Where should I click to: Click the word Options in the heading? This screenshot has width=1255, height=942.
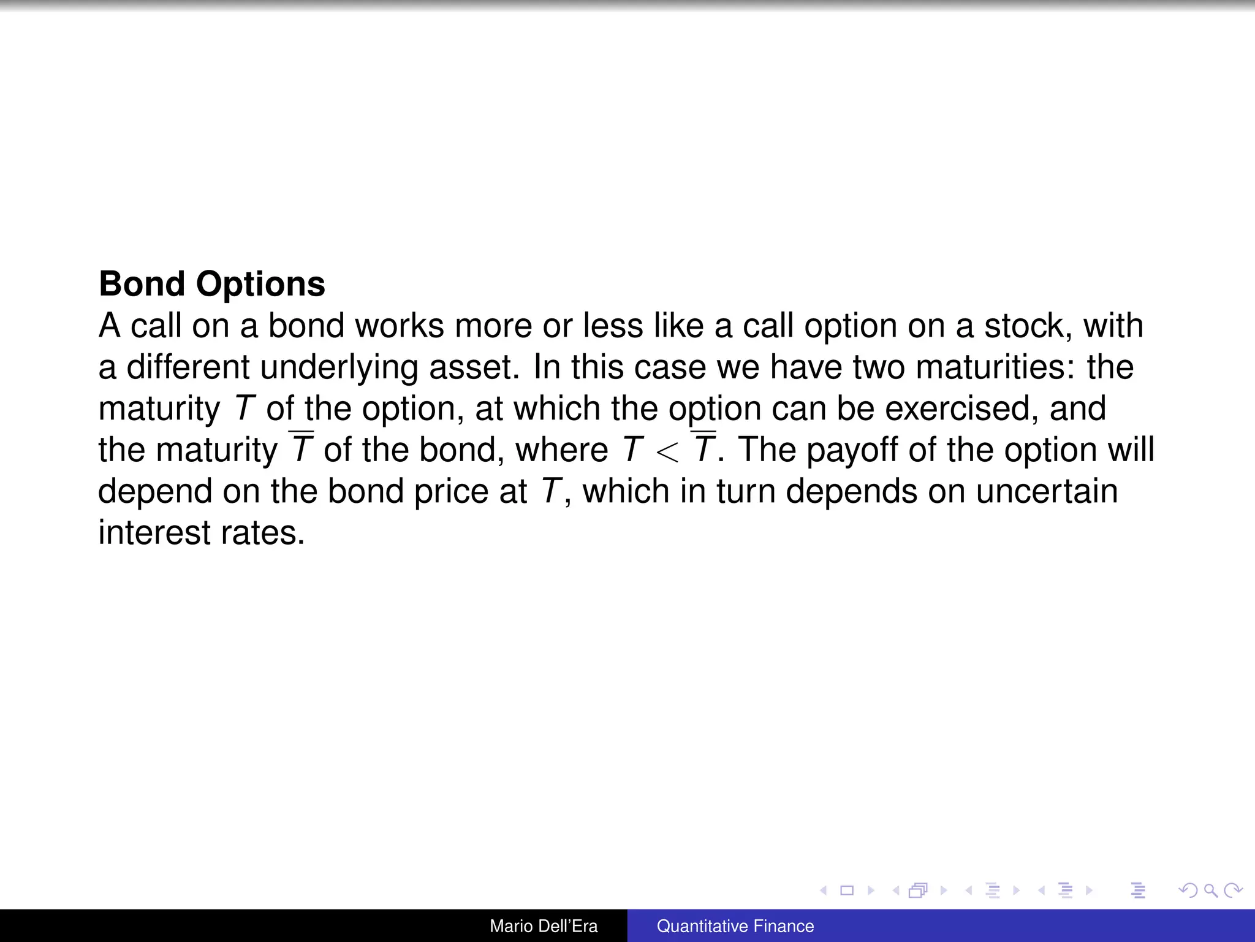pos(260,285)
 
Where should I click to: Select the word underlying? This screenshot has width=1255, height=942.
pos(339,367)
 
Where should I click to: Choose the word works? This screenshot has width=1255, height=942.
pos(400,326)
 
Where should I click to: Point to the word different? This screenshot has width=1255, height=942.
pos(188,367)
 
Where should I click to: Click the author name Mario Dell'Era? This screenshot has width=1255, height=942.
pos(544,926)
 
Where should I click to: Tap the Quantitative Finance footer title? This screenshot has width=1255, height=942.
pos(735,926)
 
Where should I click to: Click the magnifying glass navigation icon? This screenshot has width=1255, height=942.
pos(1210,890)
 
